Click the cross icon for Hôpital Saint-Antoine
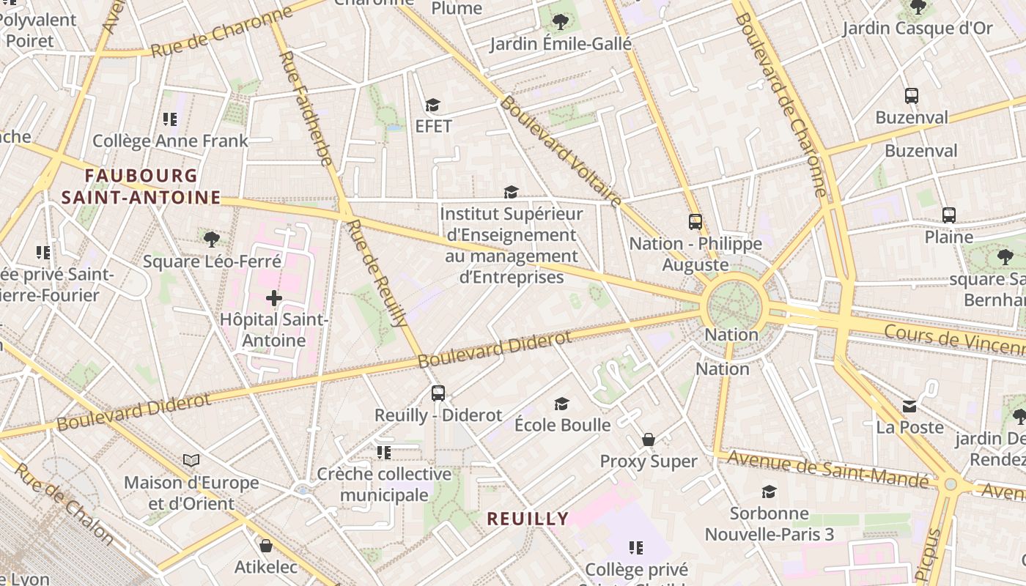coord(274,298)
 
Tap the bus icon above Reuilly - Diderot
coord(438,393)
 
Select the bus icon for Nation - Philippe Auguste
coord(695,221)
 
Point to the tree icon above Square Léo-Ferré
coord(212,239)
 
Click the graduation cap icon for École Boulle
coord(562,404)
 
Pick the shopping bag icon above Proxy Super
coord(649,439)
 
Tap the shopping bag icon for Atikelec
coord(266,546)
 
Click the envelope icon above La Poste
coord(909,406)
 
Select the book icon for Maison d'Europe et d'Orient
coord(191,460)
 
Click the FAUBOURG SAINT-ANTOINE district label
coord(141,187)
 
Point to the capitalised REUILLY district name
coord(528,519)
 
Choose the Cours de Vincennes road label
coord(953,340)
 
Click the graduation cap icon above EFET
coord(433,105)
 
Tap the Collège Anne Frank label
coord(170,141)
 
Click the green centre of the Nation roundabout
coord(736,305)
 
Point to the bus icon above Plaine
coord(949,215)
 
